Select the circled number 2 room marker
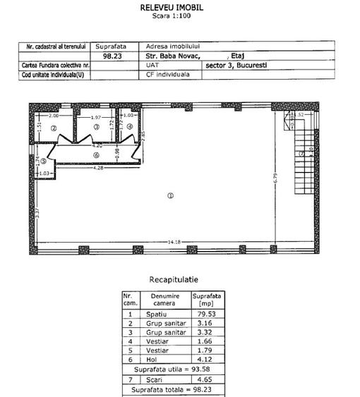pos(54,128)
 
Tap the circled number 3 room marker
pos(96,127)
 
